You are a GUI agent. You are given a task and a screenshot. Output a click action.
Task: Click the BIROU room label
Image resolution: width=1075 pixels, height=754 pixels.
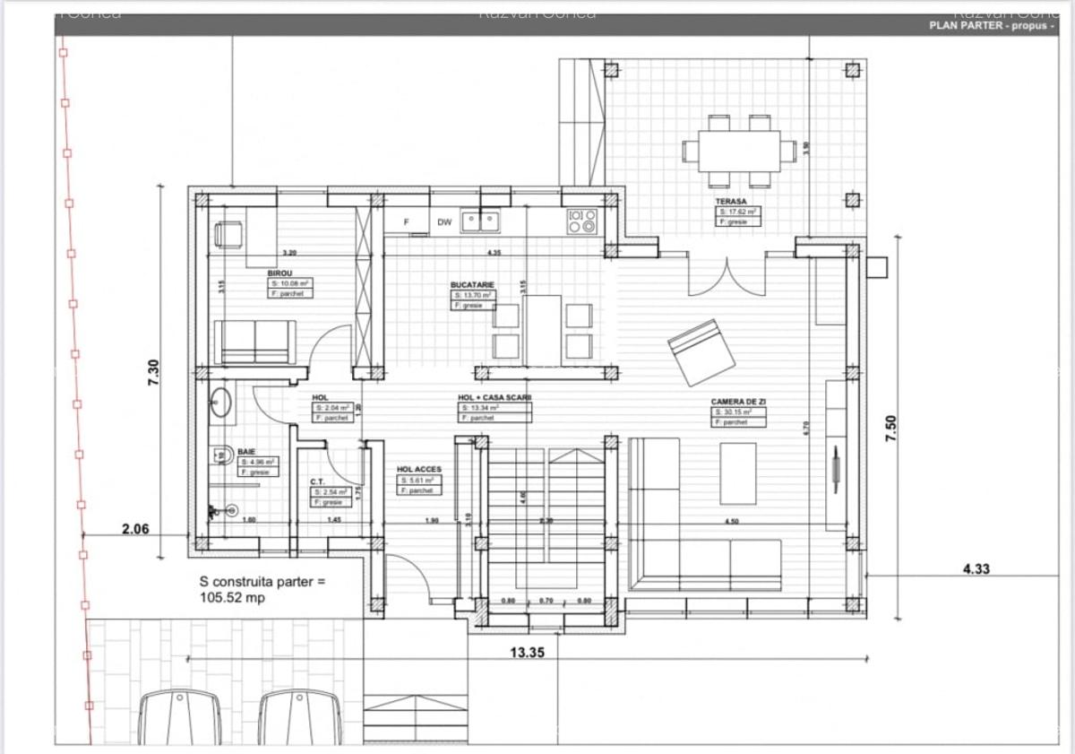[x=279, y=273]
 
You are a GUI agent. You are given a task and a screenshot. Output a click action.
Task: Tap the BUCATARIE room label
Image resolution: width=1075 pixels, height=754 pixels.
[x=472, y=284]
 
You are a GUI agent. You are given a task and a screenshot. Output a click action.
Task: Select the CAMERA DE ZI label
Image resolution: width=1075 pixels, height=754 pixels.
[x=738, y=402]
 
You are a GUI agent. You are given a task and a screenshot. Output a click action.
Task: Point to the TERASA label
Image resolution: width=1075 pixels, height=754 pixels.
[x=731, y=202]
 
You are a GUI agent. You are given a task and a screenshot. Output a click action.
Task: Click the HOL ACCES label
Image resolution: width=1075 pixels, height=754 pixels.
[x=419, y=469]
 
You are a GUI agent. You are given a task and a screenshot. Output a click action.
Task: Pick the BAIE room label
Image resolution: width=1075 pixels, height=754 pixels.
[x=246, y=452]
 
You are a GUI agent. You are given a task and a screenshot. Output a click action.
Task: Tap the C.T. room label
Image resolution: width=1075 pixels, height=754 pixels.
[x=317, y=481]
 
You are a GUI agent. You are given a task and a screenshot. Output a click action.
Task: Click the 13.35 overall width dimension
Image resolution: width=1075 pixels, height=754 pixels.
[x=528, y=653]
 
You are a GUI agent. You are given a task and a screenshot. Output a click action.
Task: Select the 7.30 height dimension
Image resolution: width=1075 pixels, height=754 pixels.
[x=153, y=373]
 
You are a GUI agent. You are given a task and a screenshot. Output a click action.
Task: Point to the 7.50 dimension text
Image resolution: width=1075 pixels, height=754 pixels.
[x=890, y=426]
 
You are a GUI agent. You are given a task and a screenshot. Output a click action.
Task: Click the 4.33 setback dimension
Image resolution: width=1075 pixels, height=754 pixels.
[x=976, y=568]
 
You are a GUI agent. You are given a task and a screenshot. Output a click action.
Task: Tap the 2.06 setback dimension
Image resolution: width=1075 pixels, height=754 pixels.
[x=135, y=529]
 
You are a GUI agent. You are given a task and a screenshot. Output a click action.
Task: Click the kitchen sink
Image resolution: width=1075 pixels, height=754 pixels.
[x=479, y=221]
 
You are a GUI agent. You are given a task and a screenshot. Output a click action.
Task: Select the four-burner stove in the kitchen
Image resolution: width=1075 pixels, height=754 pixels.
[x=581, y=221]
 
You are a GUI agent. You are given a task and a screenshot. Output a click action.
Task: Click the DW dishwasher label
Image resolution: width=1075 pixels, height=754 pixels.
[x=444, y=221]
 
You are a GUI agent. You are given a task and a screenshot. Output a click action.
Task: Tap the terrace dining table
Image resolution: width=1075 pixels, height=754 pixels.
[x=739, y=150]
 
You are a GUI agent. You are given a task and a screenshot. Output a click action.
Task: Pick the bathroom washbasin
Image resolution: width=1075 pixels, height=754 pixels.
[x=221, y=404]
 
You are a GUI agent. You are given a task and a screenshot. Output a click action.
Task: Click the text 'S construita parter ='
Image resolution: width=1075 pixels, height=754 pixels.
[x=262, y=581]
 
